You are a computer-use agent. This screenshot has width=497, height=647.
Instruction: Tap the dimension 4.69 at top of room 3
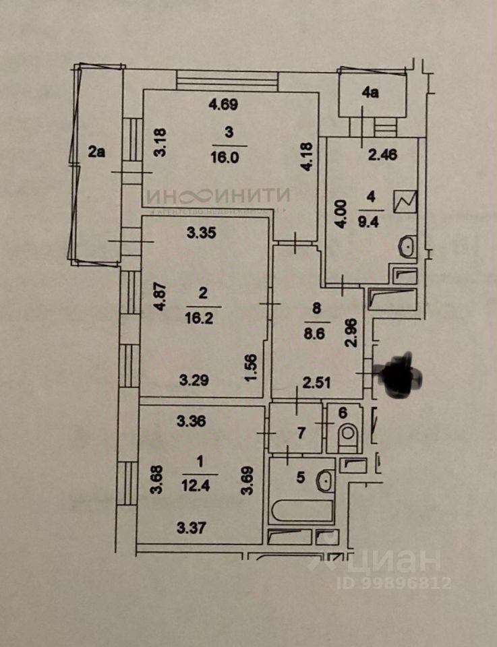coord(223,104)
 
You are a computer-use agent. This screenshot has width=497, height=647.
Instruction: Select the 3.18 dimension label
coord(160,142)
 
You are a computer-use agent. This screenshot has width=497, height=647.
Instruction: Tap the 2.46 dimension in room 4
coord(382,154)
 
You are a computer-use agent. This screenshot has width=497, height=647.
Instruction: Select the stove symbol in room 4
coord(408,201)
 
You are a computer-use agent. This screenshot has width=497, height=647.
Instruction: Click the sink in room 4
coord(408,248)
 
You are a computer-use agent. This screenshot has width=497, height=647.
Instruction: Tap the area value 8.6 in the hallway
coord(317,332)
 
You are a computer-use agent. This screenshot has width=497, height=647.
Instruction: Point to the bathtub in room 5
coord(303,510)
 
